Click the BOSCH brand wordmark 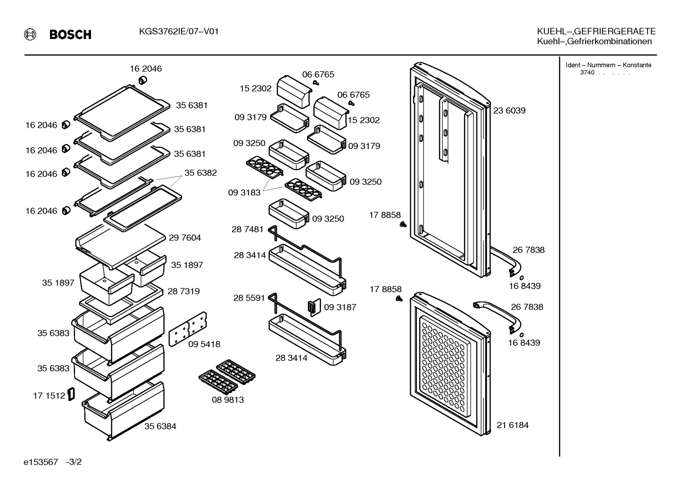click(70, 34)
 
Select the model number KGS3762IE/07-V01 click(179, 32)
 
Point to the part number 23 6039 click(509, 110)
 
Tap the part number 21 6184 click(513, 425)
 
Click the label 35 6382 click(201, 173)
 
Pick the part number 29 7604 click(185, 237)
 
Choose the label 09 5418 click(204, 344)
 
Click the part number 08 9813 click(228, 399)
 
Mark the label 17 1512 click(49, 396)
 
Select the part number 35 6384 click(160, 426)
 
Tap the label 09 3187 click(340, 307)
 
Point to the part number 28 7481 click(248, 229)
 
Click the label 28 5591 click(249, 298)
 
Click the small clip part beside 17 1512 click(71, 394)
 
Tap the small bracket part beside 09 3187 click(314, 307)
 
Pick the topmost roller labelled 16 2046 click(143, 81)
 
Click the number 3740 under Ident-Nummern click(587, 73)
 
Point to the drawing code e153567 click(41, 462)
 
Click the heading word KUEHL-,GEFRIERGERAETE click(596, 31)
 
